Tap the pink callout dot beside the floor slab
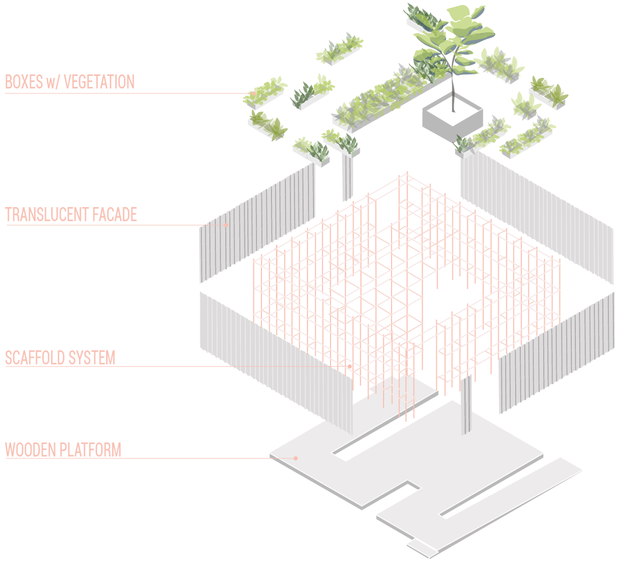(295, 458)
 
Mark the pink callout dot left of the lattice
(226, 225)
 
